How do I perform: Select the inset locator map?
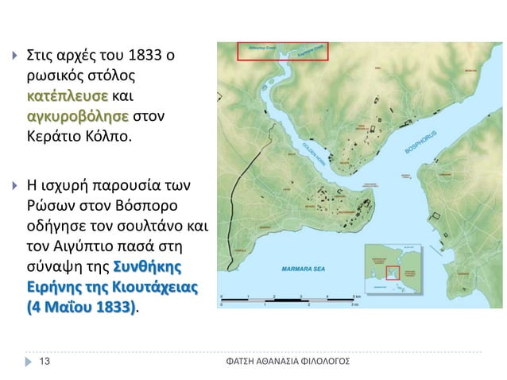tap(392, 269)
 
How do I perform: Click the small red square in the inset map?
tap(391, 273)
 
